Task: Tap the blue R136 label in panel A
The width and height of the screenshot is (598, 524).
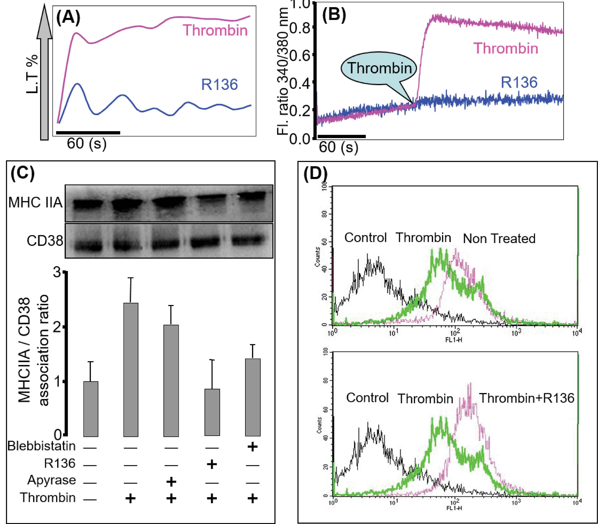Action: (220, 85)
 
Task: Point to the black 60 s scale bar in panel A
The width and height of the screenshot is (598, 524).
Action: (88, 132)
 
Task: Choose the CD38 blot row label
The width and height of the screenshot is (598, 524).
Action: (45, 241)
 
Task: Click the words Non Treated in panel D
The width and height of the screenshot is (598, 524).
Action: (499, 239)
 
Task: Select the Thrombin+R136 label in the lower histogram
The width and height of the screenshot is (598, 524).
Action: (527, 398)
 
